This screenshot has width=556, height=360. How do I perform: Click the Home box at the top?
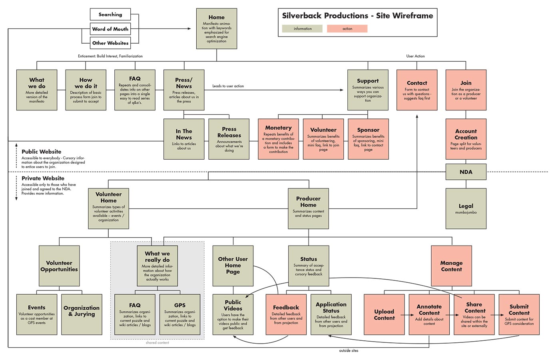coord(217,29)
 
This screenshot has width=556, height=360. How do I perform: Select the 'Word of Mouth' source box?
coord(110,29)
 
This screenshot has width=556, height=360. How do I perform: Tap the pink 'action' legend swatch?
coord(347,28)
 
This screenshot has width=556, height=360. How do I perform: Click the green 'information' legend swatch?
coord(302,28)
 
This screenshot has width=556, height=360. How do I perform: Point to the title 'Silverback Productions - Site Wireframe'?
coord(357,16)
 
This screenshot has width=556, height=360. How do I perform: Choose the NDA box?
coord(466,172)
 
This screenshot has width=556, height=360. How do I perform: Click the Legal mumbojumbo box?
coord(466,208)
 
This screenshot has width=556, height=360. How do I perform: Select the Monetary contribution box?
coord(278,139)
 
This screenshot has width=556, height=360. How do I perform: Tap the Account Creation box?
coord(466,139)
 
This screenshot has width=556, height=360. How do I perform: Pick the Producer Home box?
coord(308,208)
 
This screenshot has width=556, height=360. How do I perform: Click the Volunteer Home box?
coord(108,208)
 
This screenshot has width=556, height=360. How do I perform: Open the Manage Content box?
coord(451,266)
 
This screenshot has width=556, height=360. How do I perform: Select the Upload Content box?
coord(384,314)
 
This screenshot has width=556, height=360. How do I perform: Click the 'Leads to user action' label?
coord(228,86)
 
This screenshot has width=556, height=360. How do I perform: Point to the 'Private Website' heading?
coord(43,178)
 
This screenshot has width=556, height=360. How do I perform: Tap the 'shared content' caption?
coord(157,343)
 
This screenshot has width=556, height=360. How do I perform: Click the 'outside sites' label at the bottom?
coord(349,351)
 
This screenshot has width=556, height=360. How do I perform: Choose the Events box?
coord(37,314)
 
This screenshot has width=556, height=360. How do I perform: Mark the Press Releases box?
coord(229,139)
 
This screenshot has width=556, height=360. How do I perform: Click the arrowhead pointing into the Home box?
coord(189,29)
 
